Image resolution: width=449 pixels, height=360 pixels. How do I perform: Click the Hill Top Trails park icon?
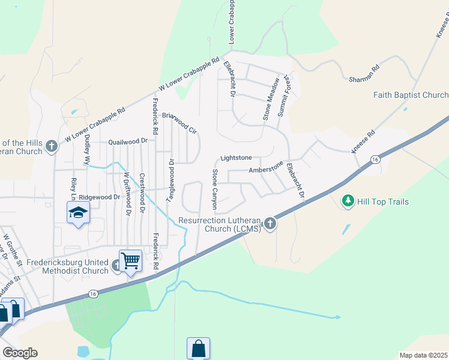(x=348, y=202)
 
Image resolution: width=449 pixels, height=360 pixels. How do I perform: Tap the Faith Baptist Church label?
(x=411, y=95)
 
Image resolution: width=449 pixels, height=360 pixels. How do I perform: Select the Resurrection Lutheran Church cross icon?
(x=270, y=224)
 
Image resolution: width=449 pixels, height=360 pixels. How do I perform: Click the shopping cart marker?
(x=130, y=261)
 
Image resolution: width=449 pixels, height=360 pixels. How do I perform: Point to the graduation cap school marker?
(x=78, y=213)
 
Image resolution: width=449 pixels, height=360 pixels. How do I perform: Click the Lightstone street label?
(x=235, y=158)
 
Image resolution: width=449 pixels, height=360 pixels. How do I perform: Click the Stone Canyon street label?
(x=215, y=190)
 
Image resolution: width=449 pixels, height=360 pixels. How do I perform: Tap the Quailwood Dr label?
(x=127, y=142)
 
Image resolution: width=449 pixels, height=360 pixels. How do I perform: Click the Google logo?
(x=20, y=353)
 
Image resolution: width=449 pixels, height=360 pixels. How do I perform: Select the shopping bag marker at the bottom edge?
(x=198, y=349)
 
